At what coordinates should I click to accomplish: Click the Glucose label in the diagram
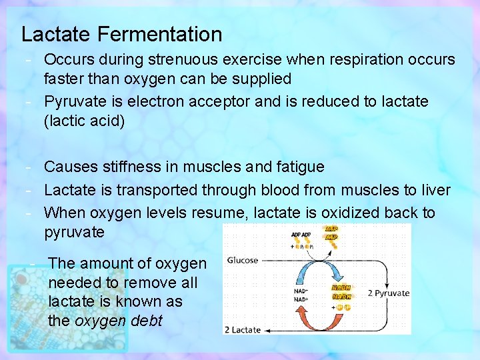coord(243,261)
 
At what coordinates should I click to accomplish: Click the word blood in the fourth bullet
coord(279,190)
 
